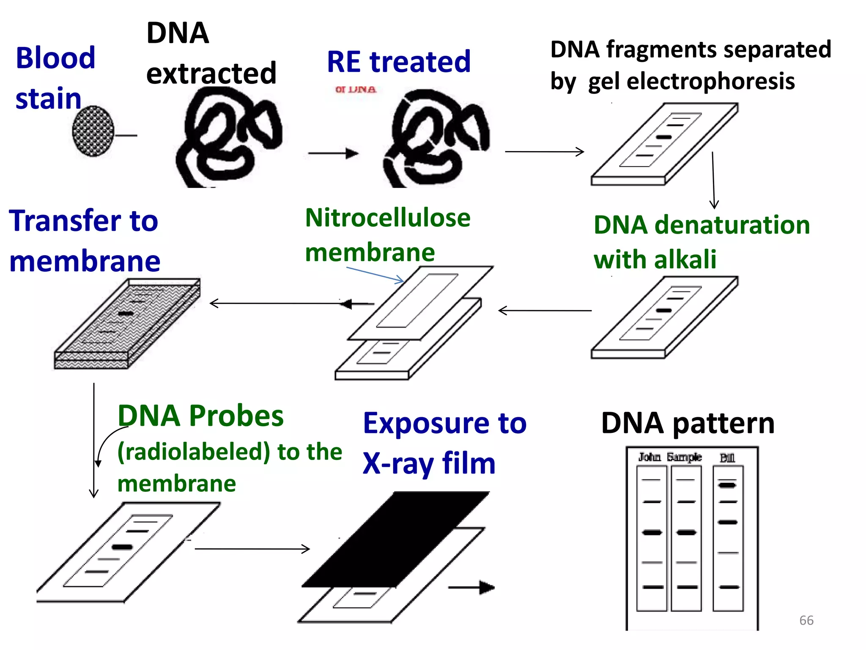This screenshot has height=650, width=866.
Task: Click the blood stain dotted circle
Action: (93, 131)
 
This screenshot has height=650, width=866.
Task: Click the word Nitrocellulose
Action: (388, 218)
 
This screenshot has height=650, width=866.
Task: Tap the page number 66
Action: (806, 620)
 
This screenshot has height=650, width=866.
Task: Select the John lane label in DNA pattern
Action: (649, 457)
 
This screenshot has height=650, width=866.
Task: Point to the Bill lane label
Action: (727, 458)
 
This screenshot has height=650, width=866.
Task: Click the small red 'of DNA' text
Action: (355, 90)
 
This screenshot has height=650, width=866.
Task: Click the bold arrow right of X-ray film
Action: (471, 587)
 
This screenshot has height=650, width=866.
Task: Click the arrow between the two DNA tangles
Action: (333, 153)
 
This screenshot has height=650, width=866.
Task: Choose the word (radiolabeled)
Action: (194, 452)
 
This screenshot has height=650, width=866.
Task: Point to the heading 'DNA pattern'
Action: (688, 423)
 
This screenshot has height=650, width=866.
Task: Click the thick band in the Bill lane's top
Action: (727, 485)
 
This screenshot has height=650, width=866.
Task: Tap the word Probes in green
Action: (236, 416)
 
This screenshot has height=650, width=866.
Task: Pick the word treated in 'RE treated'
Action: (420, 62)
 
